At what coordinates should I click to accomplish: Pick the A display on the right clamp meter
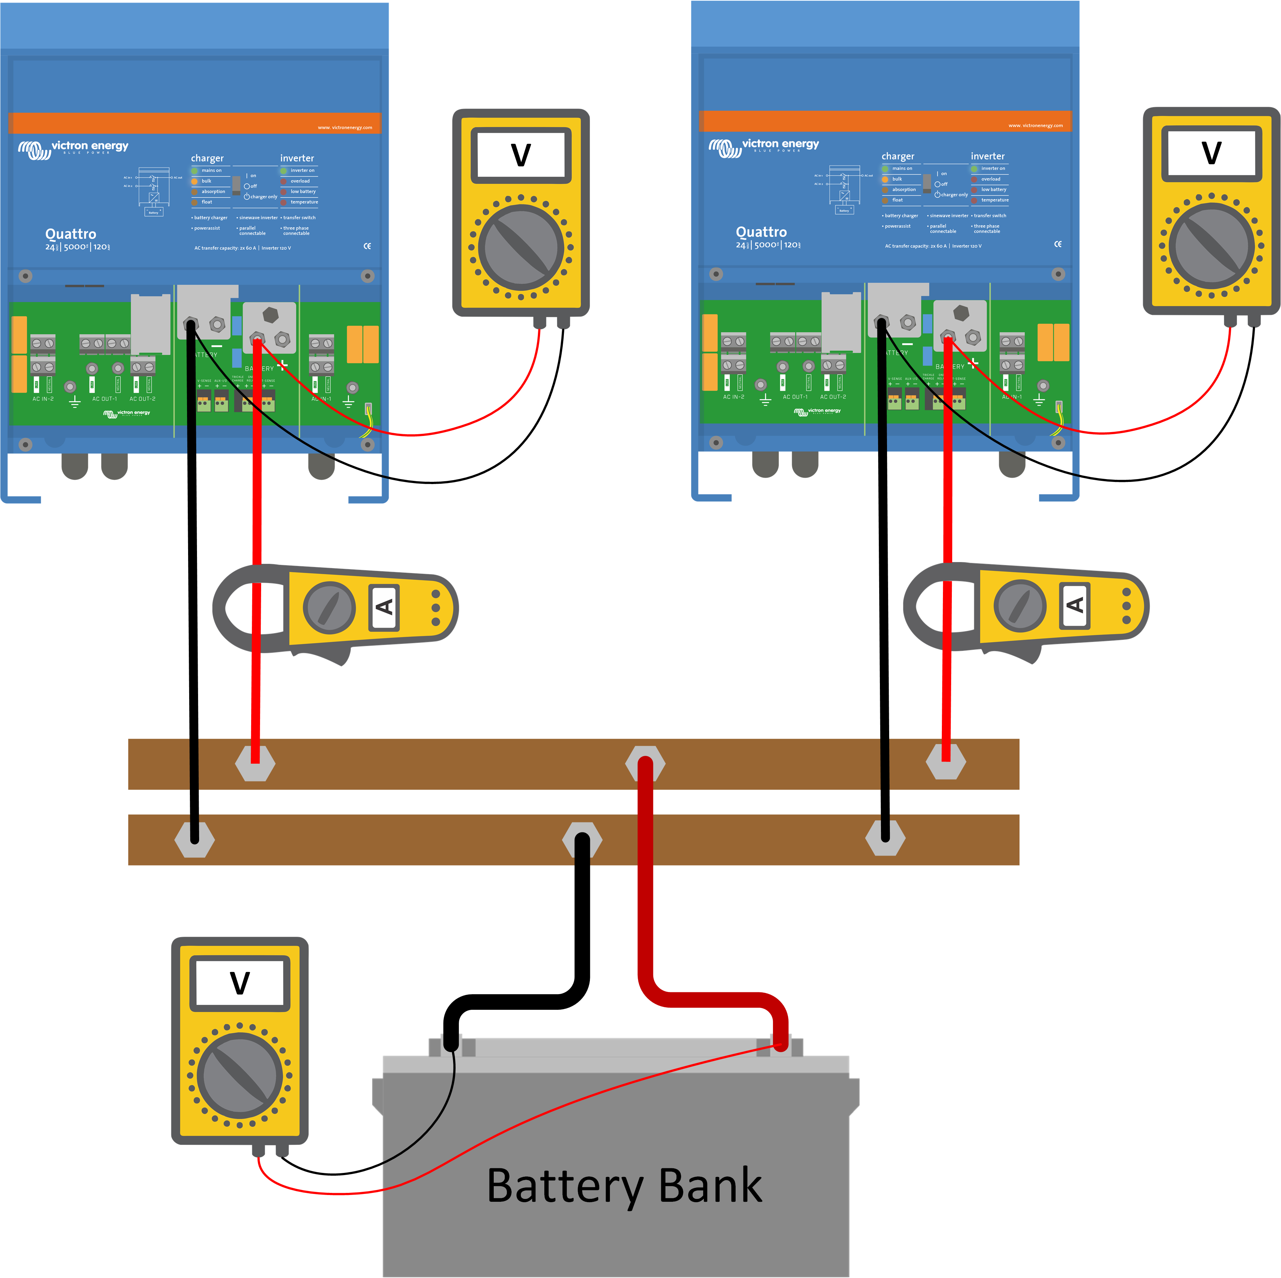[1075, 604]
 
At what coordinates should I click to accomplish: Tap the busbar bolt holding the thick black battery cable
[581, 840]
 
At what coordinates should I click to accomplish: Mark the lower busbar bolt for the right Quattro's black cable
[885, 838]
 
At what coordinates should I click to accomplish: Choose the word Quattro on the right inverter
[761, 232]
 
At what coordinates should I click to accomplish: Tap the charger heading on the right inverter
[898, 156]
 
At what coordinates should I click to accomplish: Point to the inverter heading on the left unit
[297, 159]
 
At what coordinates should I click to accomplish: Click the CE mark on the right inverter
[1058, 244]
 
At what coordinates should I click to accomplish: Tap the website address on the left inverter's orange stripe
[345, 127]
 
